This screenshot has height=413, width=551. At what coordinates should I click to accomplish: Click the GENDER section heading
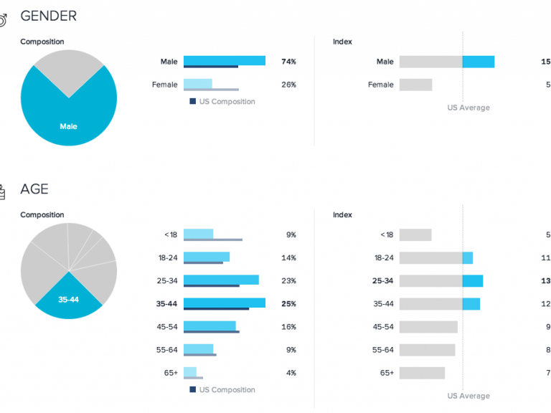[48, 16]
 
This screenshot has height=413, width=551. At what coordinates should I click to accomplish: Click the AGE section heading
[34, 189]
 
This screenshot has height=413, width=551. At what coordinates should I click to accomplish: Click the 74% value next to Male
[288, 62]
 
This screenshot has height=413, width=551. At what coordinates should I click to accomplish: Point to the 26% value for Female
[288, 85]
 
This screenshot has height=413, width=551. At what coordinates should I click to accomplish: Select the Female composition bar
[198, 83]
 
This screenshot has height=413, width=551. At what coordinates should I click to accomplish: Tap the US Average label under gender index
[468, 108]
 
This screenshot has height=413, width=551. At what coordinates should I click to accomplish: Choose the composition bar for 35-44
[224, 303]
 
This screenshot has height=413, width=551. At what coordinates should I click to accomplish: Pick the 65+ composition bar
[190, 371]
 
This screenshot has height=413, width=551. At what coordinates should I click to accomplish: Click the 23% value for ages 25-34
[288, 280]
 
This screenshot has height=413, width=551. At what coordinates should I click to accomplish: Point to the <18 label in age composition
[170, 234]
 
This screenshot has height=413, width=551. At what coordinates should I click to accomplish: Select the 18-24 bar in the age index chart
[435, 257]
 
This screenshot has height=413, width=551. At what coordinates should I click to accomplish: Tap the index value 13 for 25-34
[545, 280]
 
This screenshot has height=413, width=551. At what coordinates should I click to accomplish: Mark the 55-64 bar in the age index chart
[427, 350]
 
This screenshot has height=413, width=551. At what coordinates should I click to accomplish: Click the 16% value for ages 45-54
[288, 326]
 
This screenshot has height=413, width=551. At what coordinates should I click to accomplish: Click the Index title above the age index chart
[342, 215]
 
